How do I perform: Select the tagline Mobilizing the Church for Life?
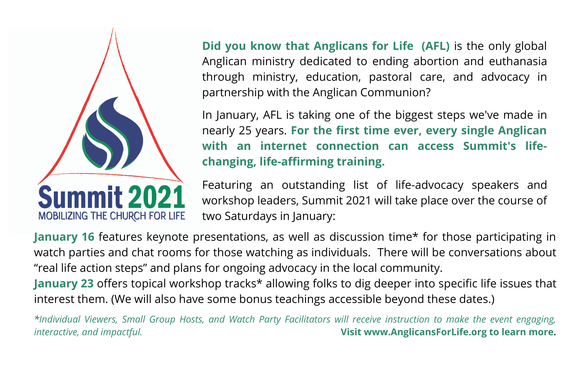[x=112, y=216]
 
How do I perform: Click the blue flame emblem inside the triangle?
[x=113, y=133]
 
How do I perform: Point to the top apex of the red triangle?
[x=113, y=28]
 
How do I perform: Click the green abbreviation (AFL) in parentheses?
[x=435, y=46]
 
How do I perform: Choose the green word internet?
[x=283, y=146]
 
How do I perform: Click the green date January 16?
[x=64, y=237]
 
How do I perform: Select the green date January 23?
[x=64, y=284]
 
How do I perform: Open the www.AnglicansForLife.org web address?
[x=425, y=332]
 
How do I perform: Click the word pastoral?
[x=390, y=77]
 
